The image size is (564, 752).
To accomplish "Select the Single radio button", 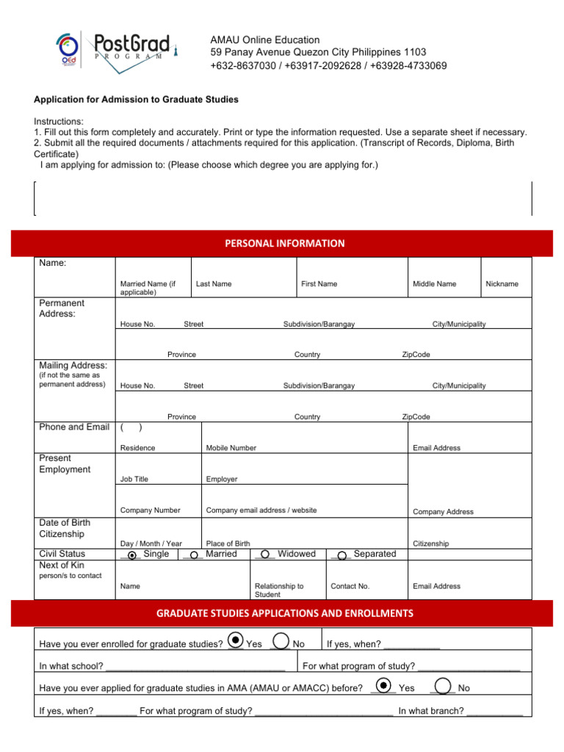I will pos(132,555).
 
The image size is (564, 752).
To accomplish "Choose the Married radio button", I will pos(192,555).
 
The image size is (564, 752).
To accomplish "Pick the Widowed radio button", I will pos(264,555).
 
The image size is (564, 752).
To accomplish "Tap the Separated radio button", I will pos(342,555).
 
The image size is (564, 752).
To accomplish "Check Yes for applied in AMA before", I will pos(383,684).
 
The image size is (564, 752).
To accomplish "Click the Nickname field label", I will pos(502,283).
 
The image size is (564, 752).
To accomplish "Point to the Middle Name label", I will pos(434,283).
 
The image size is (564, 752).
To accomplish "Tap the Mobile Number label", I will pos(231,448).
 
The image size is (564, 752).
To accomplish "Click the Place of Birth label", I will pos(228,543).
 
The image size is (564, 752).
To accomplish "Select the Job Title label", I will pos(134,479).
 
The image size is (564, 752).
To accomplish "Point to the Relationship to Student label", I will pos(279,590).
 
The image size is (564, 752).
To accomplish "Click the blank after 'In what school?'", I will pos(195,666).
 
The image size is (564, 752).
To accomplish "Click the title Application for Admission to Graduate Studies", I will pos(136,99).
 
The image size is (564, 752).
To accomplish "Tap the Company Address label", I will pos(443,512).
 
